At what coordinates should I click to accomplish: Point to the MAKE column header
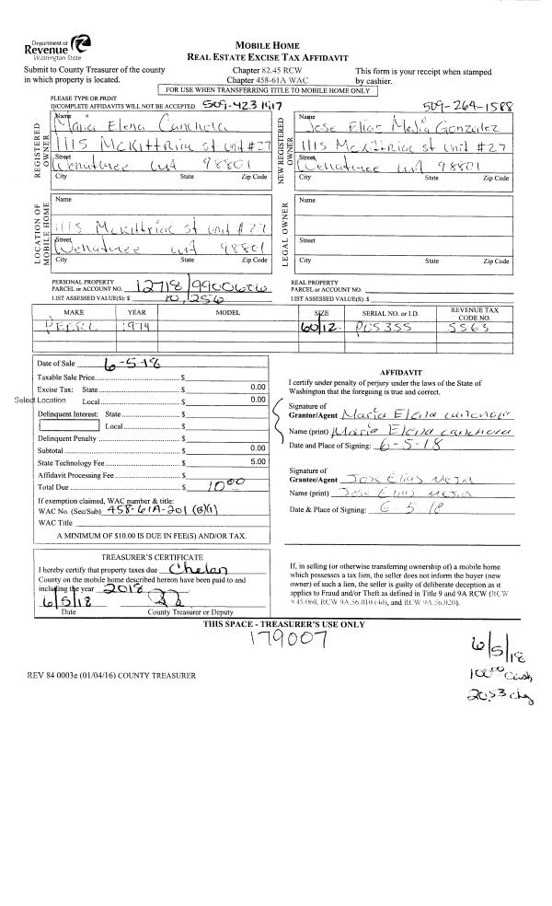(72, 312)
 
